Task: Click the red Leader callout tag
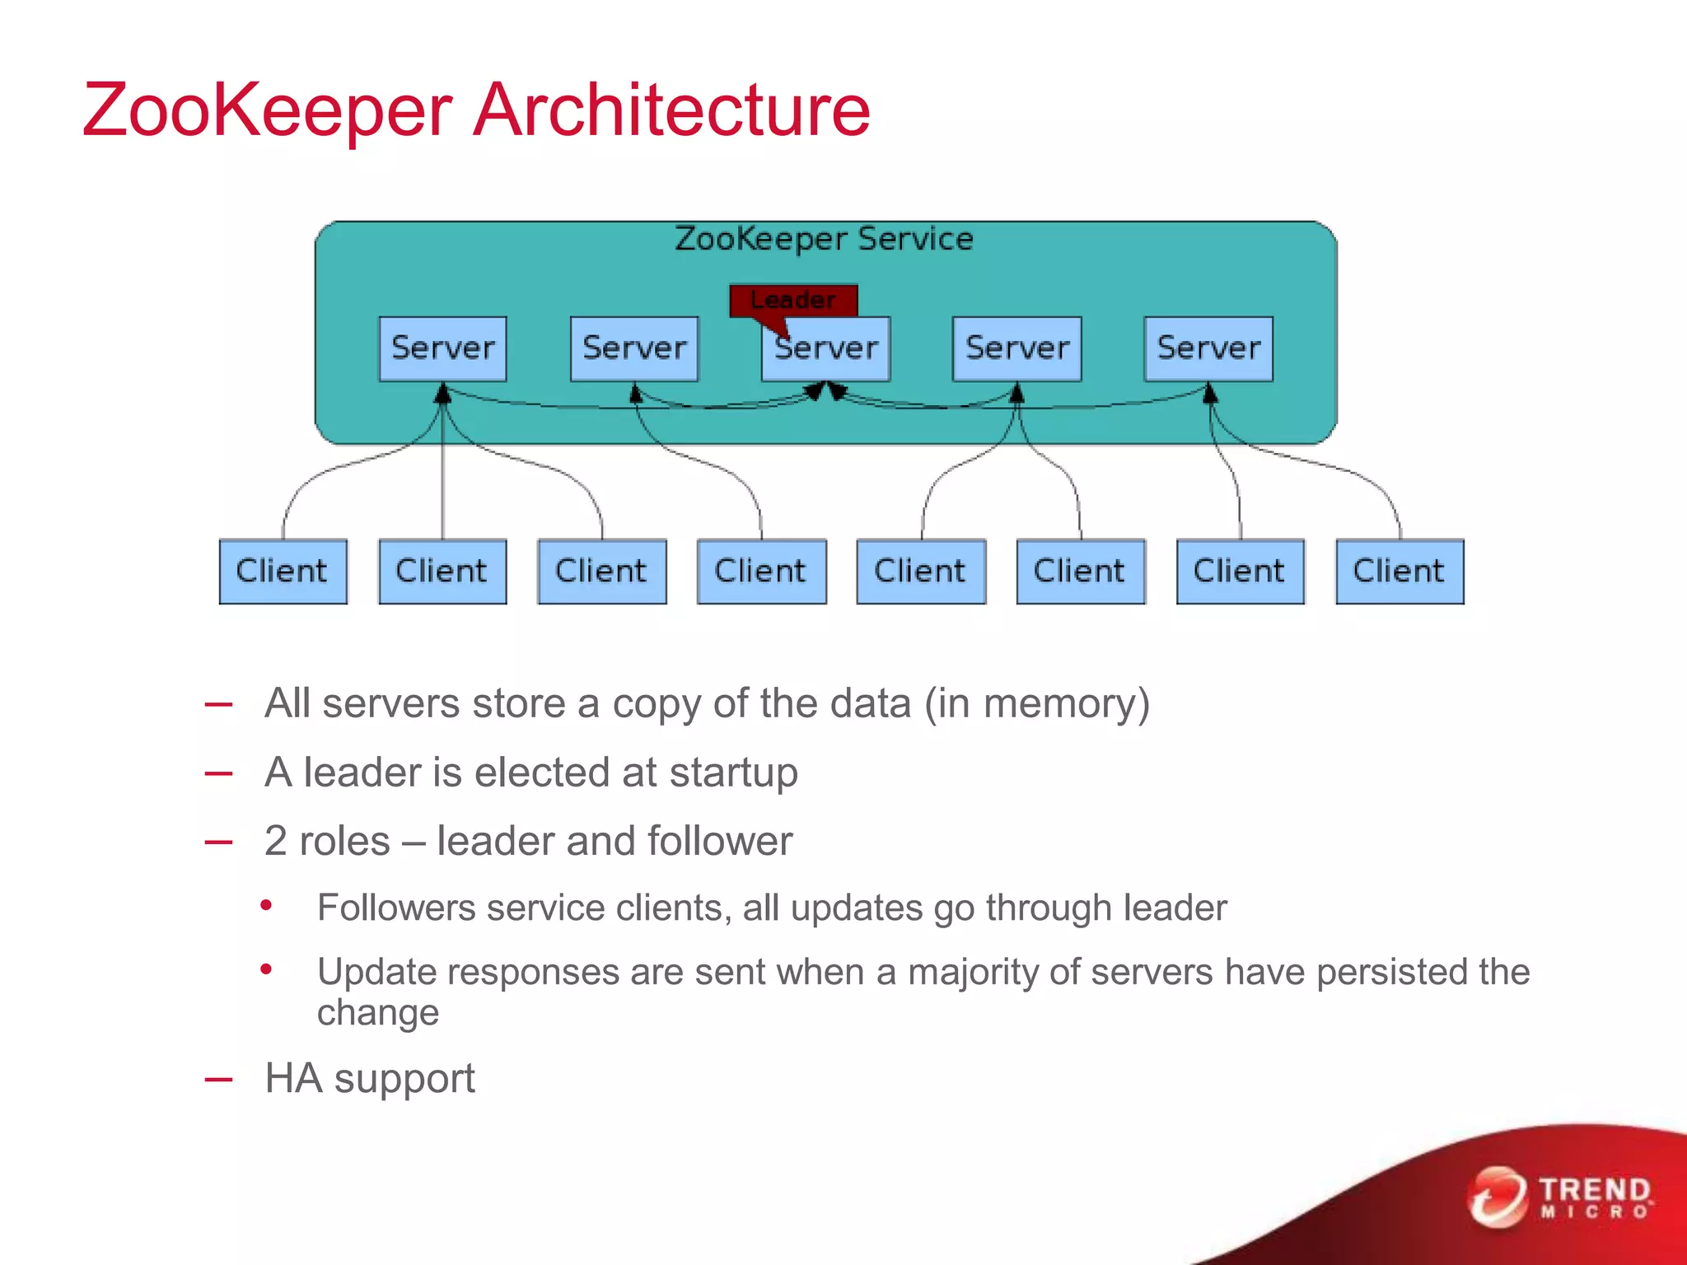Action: coord(793,300)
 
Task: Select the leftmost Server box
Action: coord(442,348)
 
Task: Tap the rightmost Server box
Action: coord(1208,348)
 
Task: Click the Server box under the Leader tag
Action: coord(826,349)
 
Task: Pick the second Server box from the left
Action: coord(634,348)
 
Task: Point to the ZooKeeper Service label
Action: coord(824,239)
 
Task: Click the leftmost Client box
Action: coord(283,572)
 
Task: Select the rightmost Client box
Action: coord(1400,572)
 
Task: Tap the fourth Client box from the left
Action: coord(761,572)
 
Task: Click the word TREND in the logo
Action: coord(1595,1190)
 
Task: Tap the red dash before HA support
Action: coord(218,1080)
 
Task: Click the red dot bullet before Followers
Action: coord(266,906)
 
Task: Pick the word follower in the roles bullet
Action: coord(720,842)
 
